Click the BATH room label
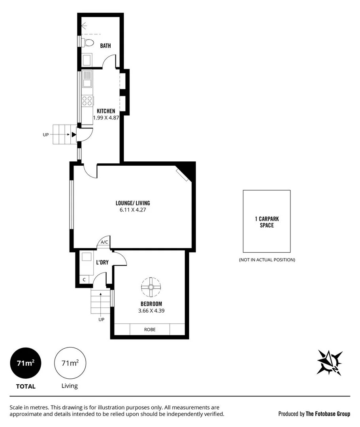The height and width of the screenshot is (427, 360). (105, 46)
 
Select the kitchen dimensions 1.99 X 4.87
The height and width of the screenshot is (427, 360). (106, 118)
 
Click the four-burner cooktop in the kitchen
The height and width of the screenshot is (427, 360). (87, 101)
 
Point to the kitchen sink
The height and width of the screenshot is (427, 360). (87, 79)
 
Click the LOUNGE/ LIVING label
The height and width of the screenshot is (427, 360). (133, 203)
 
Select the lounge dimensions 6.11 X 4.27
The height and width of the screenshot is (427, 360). (133, 210)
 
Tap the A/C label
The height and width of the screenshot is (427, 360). (104, 242)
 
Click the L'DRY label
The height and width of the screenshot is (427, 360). (102, 262)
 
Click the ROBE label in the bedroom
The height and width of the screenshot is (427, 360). (149, 329)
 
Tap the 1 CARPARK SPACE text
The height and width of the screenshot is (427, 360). (267, 222)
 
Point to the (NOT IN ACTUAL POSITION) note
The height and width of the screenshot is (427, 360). (267, 260)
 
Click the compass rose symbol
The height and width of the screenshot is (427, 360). (329, 362)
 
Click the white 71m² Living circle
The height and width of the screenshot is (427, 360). (70, 363)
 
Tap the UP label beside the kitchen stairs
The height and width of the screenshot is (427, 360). (46, 135)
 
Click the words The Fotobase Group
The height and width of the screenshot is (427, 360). (328, 414)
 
